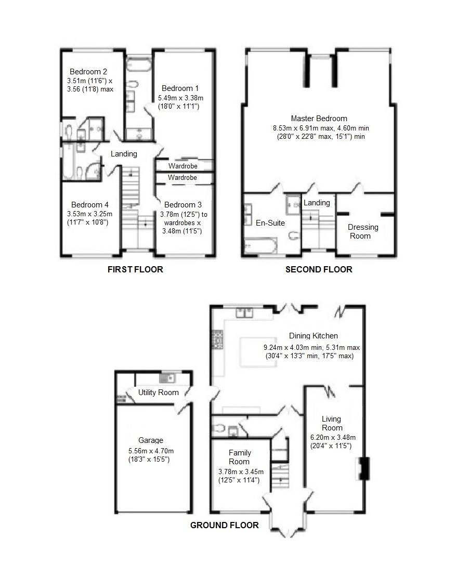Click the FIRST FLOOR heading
click(135, 269)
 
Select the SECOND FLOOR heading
click(319, 269)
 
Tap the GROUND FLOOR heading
click(224, 525)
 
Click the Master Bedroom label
click(319, 119)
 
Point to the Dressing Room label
click(363, 231)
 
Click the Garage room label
click(150, 440)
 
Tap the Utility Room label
click(159, 393)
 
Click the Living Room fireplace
click(363, 468)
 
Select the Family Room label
click(239, 457)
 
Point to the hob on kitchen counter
click(217, 339)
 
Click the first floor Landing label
click(124, 154)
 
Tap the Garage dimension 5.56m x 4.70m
click(150, 451)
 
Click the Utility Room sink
click(169, 378)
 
